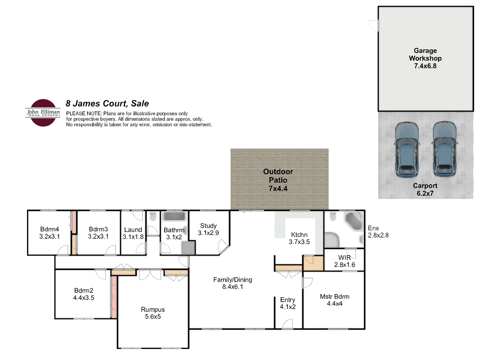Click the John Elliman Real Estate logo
(x=43, y=113)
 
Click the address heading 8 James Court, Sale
(x=107, y=104)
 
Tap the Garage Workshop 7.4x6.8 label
(x=425, y=58)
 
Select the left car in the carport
(x=406, y=149)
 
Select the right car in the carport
(x=444, y=149)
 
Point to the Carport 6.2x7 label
(x=425, y=189)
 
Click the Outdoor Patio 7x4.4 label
(x=278, y=180)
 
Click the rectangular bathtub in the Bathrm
(x=174, y=217)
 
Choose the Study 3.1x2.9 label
(x=208, y=229)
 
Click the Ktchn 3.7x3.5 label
(x=299, y=238)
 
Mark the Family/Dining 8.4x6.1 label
(x=232, y=283)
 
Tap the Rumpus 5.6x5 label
(x=153, y=313)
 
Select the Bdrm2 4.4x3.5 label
(x=84, y=294)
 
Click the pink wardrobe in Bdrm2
(x=114, y=297)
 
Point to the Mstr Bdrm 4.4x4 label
(x=335, y=300)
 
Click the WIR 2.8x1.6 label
(x=345, y=261)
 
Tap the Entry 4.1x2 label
(x=288, y=303)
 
